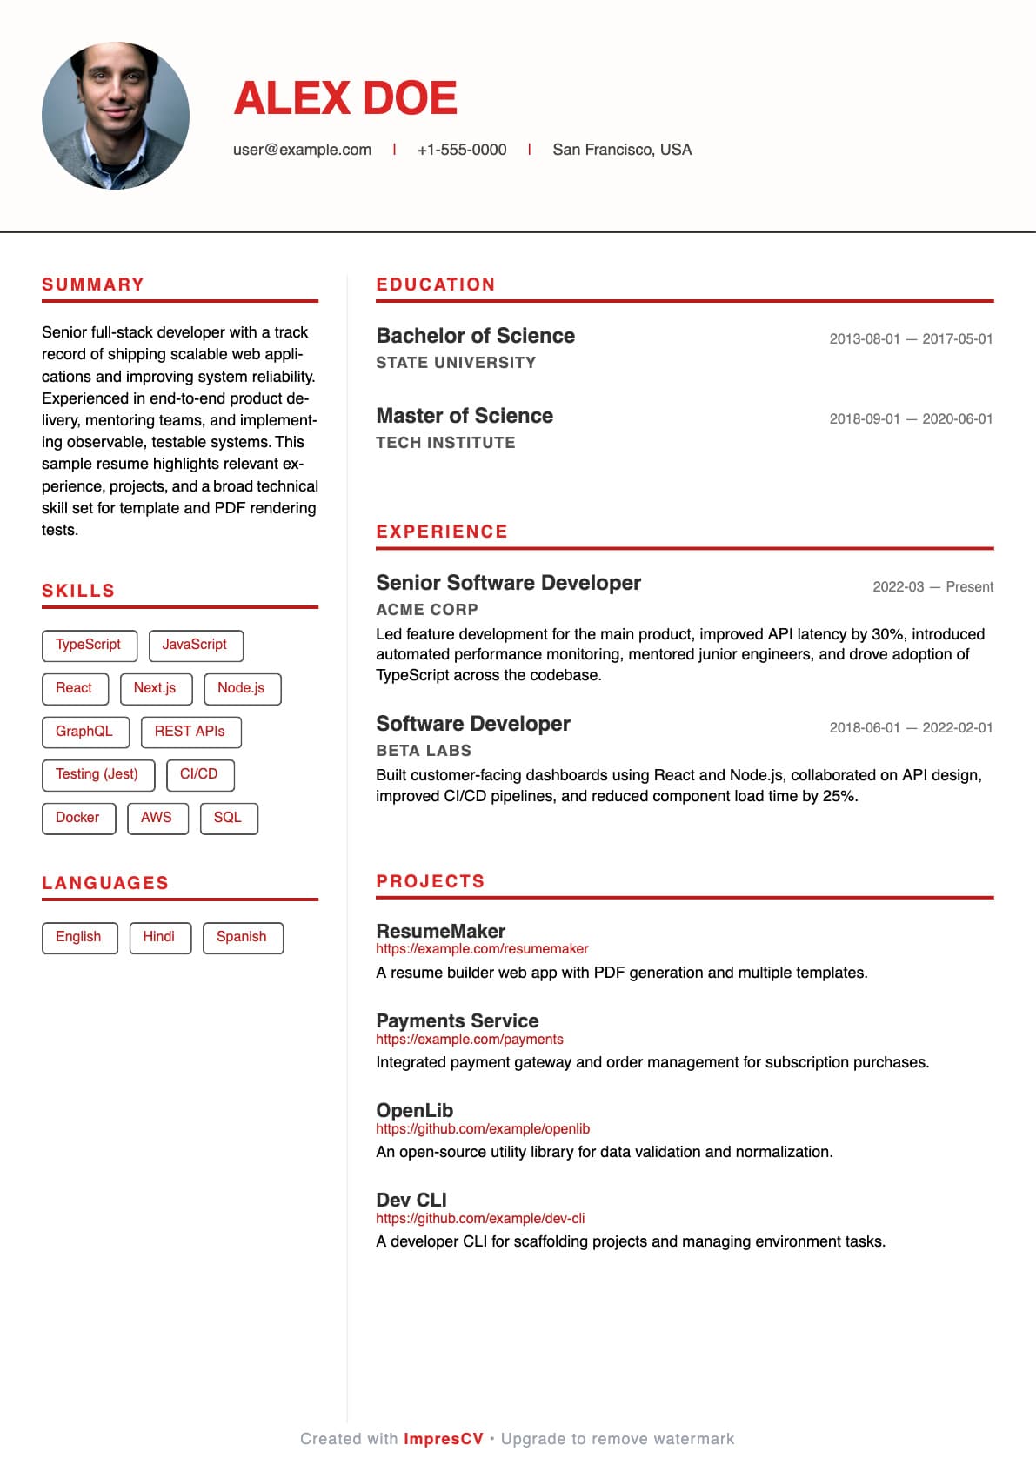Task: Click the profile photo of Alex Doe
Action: click(x=116, y=116)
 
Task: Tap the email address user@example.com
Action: click(x=302, y=150)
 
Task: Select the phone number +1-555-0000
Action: click(x=462, y=150)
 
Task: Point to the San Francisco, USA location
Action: click(x=622, y=150)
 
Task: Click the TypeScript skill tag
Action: click(x=89, y=645)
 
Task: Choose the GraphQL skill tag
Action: click(x=84, y=732)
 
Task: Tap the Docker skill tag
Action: click(x=77, y=818)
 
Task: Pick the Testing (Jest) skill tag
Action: click(x=97, y=774)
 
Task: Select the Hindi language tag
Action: click(x=159, y=937)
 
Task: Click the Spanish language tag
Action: click(x=242, y=937)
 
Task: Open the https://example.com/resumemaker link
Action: click(x=482, y=949)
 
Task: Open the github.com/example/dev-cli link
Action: click(x=480, y=1219)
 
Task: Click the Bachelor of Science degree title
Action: click(x=475, y=336)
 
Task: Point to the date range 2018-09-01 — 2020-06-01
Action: click(x=911, y=419)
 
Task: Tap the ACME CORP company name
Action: click(x=427, y=610)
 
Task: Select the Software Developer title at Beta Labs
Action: click(x=473, y=724)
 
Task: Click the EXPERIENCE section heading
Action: click(x=442, y=532)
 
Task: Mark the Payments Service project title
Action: click(x=458, y=1020)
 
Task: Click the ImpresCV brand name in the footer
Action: click(x=444, y=1439)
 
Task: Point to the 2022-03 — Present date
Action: click(x=932, y=587)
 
